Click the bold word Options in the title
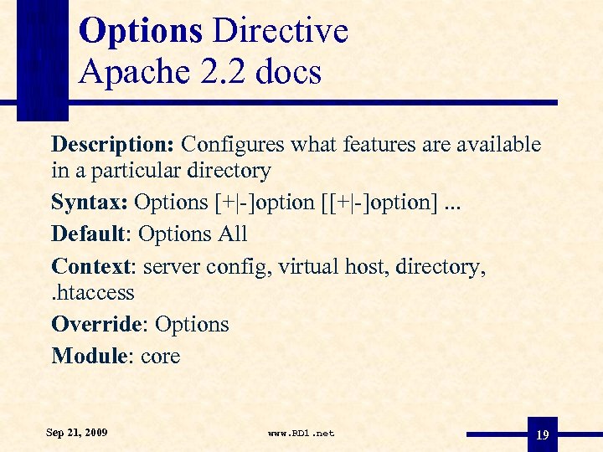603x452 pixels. (x=141, y=32)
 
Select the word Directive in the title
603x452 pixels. (x=281, y=32)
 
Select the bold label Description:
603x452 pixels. (x=112, y=145)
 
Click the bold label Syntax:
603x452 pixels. (x=89, y=203)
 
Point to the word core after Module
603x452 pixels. (x=161, y=356)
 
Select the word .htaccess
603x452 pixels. (x=92, y=293)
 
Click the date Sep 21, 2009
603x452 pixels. (x=77, y=433)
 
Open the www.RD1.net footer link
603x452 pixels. (x=301, y=434)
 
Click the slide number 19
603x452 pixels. (x=542, y=435)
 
